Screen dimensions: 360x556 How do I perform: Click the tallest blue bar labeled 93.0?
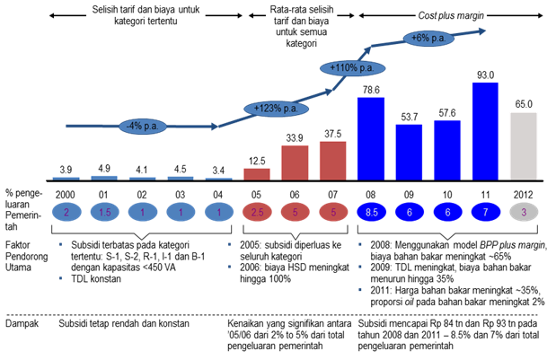(485, 133)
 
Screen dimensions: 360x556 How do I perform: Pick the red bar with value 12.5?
(255, 173)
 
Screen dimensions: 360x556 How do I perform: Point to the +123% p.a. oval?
(269, 109)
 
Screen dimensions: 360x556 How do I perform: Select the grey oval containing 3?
(523, 211)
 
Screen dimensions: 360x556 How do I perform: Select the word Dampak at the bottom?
(23, 322)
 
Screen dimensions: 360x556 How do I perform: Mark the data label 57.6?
(446, 113)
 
